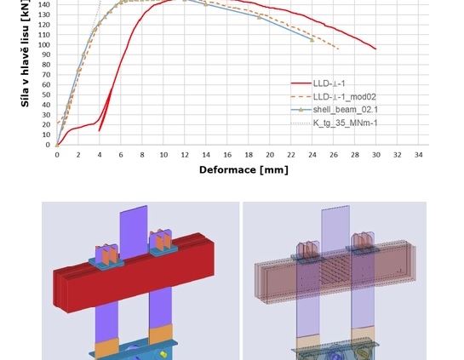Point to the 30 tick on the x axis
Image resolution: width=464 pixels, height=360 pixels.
point(376,155)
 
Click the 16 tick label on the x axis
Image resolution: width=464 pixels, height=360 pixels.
point(227,155)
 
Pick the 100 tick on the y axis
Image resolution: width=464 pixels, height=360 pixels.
point(44,44)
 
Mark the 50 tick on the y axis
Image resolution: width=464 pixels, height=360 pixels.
point(46,94)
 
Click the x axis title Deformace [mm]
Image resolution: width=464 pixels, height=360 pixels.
point(243,170)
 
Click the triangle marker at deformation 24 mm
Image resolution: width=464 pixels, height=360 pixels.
point(312,40)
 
